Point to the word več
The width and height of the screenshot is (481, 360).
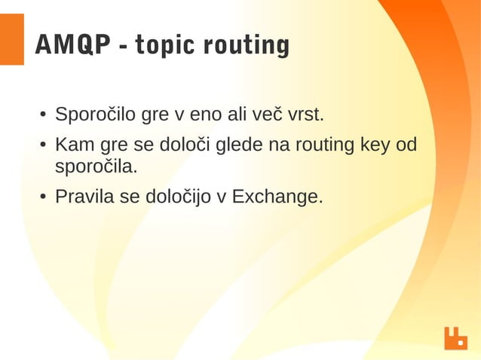pyautogui.click(x=268, y=116)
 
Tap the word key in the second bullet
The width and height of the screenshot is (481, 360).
pyautogui.click(x=375, y=144)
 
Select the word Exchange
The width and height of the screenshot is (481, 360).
pyautogui.click(x=277, y=197)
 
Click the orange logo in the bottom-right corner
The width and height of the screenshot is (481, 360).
pyautogui.click(x=455, y=338)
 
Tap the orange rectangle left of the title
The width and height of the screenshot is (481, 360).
pyautogui.click(x=11, y=39)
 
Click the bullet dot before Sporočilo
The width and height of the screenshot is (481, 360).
pyautogui.click(x=44, y=117)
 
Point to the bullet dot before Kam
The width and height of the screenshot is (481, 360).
pyautogui.click(x=44, y=145)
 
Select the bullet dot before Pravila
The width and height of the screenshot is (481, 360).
pyautogui.click(x=44, y=197)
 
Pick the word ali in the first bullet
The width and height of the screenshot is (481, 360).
pyautogui.click(x=237, y=116)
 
